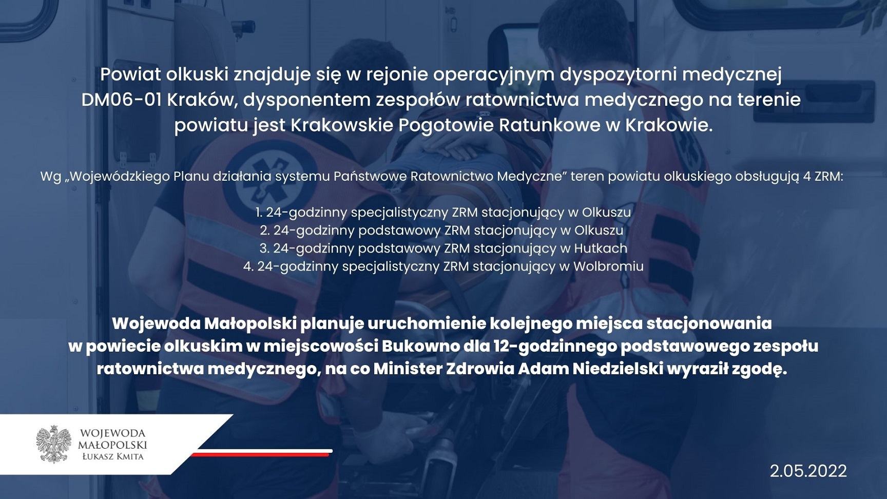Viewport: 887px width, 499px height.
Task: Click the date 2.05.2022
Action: point(808,471)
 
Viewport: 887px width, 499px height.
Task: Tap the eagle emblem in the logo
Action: point(54,444)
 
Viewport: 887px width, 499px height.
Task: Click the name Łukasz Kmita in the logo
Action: point(113,456)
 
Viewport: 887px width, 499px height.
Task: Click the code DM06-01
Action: point(121,100)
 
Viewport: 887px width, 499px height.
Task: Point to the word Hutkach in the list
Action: point(601,248)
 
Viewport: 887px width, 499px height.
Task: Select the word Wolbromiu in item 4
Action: point(608,266)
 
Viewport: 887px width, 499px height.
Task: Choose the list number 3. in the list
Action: point(264,248)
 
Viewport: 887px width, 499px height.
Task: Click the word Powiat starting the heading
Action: point(130,74)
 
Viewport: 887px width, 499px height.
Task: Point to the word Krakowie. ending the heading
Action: point(669,125)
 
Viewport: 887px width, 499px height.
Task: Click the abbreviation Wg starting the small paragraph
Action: point(51,177)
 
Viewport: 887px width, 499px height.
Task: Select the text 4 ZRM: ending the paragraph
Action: point(823,177)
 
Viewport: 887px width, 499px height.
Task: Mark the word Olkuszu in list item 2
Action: point(599,231)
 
